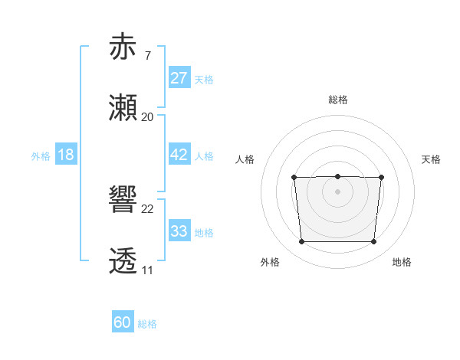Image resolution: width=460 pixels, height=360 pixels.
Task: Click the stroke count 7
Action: [x=147, y=55]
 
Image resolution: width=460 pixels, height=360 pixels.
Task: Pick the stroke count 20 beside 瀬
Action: [x=147, y=117]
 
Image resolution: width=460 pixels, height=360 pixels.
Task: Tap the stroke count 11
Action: [x=147, y=270]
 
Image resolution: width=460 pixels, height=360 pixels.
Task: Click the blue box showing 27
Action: [x=179, y=78]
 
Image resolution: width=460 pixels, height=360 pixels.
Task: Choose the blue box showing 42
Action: [x=179, y=155]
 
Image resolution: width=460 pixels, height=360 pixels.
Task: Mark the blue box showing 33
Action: [x=179, y=231]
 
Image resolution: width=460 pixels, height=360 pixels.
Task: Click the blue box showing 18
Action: [x=65, y=155]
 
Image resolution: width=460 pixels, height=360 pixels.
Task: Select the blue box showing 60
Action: [x=123, y=323]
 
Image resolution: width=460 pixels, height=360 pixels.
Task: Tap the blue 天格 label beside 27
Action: [x=204, y=79]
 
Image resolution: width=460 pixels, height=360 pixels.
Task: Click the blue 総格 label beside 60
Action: [x=147, y=324]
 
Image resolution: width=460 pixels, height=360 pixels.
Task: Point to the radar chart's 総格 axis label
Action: [x=337, y=100]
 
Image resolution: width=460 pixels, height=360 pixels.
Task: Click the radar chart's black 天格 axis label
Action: [x=432, y=159]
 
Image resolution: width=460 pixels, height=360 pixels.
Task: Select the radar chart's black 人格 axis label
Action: [x=245, y=159]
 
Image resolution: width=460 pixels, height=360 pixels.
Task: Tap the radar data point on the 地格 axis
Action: [x=373, y=242]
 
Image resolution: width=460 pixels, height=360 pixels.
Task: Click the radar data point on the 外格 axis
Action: [x=301, y=242]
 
